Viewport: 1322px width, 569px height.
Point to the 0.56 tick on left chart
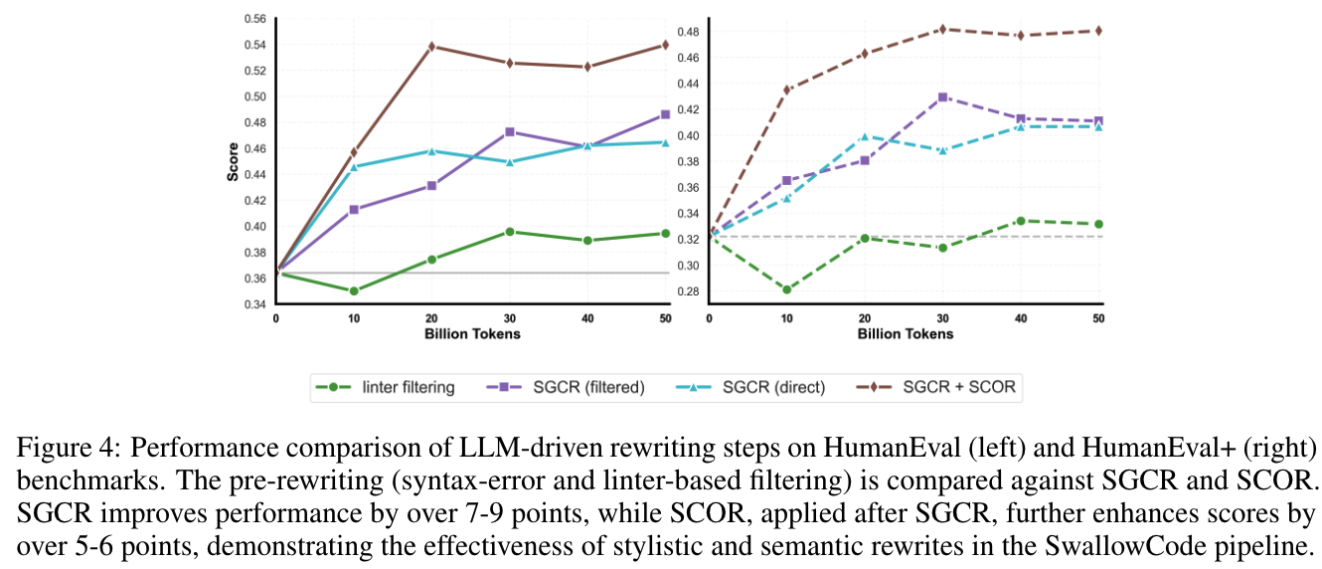point(253,19)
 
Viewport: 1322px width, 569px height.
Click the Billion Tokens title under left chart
point(472,334)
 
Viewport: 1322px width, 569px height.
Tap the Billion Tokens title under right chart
point(905,334)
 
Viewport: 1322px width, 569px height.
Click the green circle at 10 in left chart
point(354,290)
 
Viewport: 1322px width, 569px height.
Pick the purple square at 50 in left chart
point(666,114)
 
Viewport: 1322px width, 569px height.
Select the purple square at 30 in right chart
point(943,96)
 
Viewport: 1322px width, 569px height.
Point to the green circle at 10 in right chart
point(787,289)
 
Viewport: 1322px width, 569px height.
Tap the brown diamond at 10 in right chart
point(787,90)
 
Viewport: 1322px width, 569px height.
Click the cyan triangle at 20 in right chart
point(865,136)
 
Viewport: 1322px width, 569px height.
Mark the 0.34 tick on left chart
point(253,304)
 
